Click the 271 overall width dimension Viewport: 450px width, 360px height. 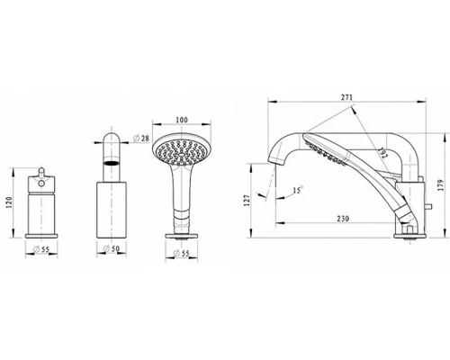(346, 97)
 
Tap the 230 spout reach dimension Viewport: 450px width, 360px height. (343, 219)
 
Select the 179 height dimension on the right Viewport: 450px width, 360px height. (440, 185)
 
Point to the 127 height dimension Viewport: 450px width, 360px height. (247, 201)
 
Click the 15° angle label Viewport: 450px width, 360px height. (298, 190)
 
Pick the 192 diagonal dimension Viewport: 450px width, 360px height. (382, 153)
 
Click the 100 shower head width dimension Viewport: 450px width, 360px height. (182, 120)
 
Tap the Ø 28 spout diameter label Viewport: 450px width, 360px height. (140, 139)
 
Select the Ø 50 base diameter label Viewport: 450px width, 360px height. (112, 248)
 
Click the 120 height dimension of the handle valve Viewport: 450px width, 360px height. (9, 202)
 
